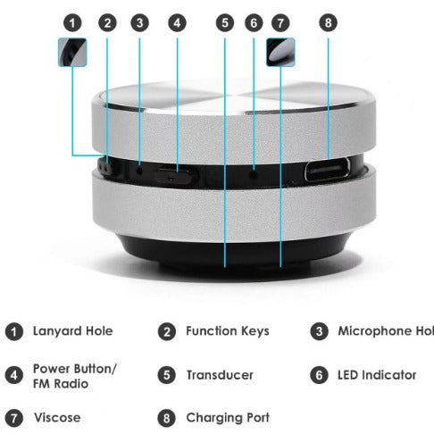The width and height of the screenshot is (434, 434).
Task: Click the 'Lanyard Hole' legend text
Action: pyautogui.click(x=73, y=331)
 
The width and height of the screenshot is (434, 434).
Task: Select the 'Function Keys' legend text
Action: pyautogui.click(x=227, y=331)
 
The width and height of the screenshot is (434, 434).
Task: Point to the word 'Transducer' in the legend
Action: pyautogui.click(x=220, y=375)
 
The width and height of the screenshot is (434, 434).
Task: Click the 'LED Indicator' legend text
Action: pyautogui.click(x=377, y=375)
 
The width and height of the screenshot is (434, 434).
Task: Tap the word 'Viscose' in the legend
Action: pyautogui.click(x=58, y=417)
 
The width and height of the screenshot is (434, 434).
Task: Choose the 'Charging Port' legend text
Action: pyautogui.click(x=227, y=417)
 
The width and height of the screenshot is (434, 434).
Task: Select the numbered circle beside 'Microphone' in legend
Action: pyautogui.click(x=319, y=331)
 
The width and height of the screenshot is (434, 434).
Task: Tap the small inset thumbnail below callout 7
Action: pyautogui.click(x=280, y=51)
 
